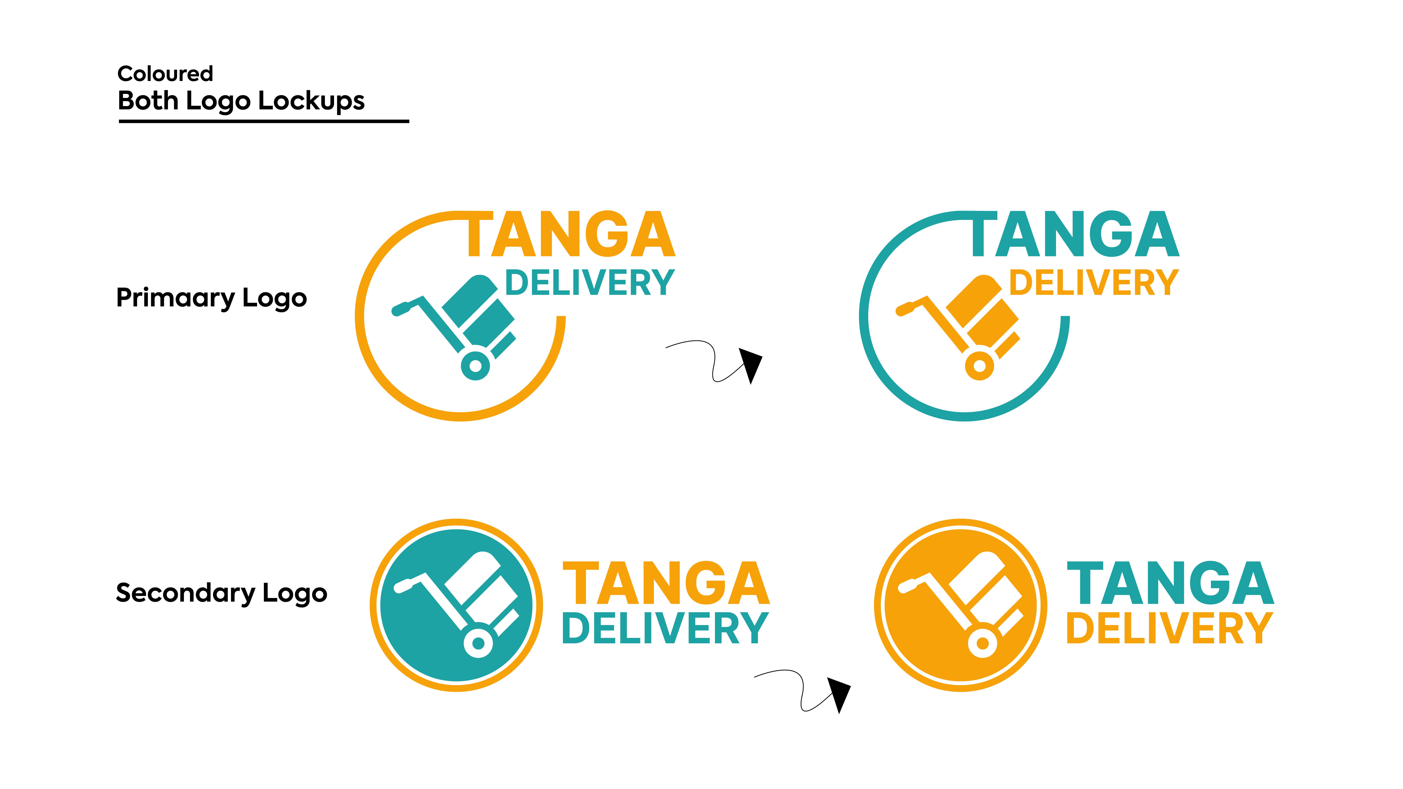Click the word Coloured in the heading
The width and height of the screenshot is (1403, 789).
point(165,73)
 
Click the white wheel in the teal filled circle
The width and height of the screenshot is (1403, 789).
point(478,643)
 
